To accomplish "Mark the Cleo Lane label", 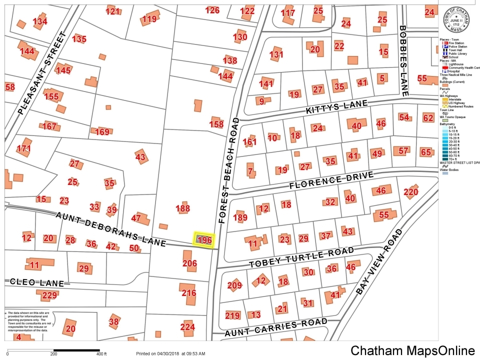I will click(x=37, y=282).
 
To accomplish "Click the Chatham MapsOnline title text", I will click(x=412, y=350).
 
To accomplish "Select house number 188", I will click(x=183, y=208).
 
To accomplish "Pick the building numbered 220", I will click(x=410, y=192).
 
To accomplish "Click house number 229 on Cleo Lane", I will click(x=49, y=295).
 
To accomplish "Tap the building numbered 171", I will click(x=23, y=148).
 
